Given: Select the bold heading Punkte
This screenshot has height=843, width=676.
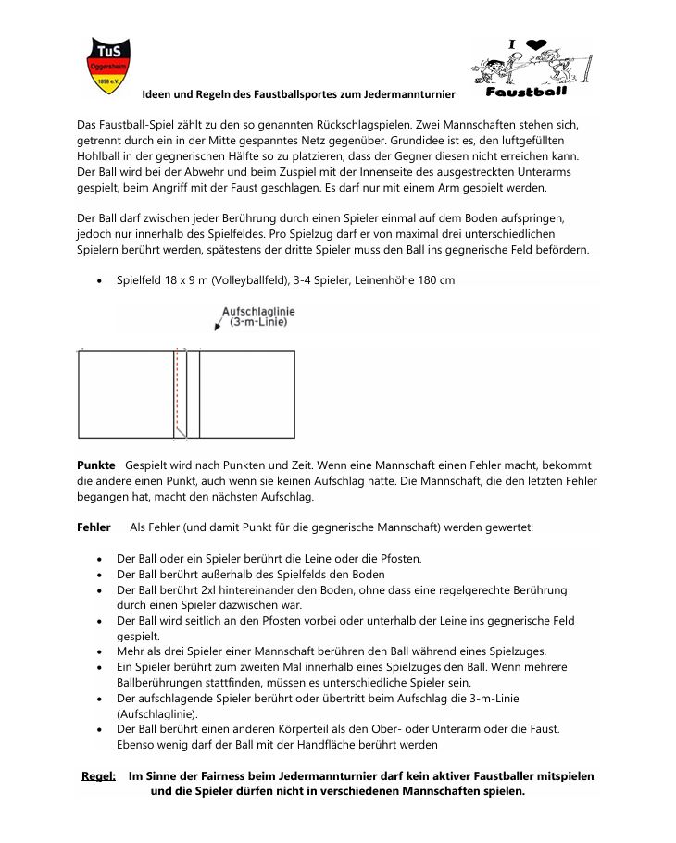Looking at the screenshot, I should pyautogui.click(x=96, y=465).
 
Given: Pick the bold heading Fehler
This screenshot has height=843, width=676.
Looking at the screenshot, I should pyautogui.click(x=94, y=527).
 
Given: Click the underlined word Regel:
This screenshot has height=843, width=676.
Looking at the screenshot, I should pyautogui.click(x=98, y=775).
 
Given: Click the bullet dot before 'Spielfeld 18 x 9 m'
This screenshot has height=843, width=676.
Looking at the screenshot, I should pyautogui.click(x=100, y=280).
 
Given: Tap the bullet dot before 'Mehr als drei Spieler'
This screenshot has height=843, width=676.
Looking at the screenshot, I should pyautogui.click(x=100, y=651).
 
